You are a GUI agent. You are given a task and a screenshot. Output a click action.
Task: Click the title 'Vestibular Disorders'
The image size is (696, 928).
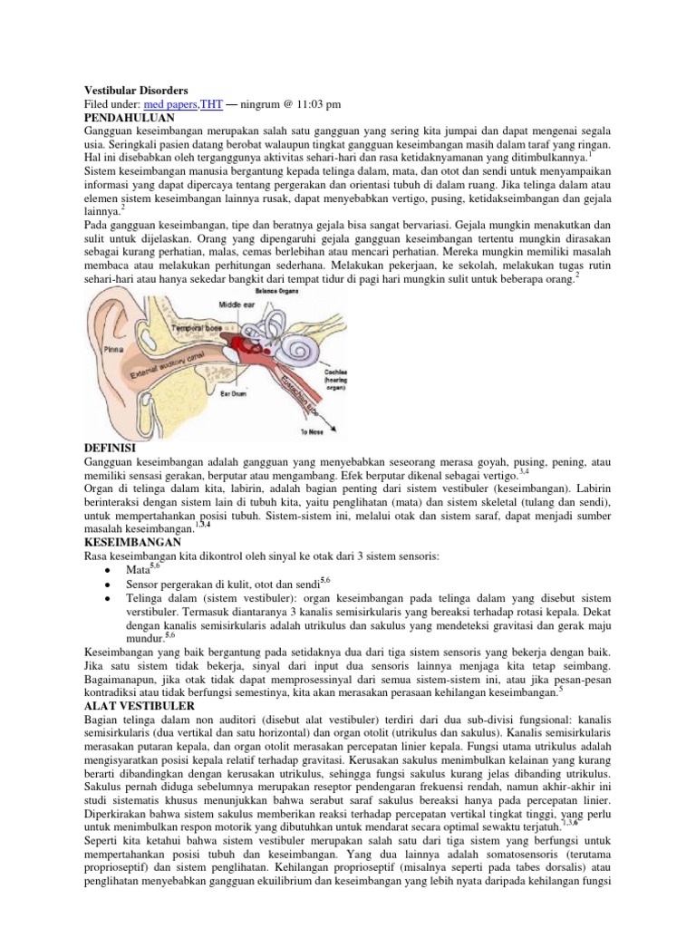pos(136,92)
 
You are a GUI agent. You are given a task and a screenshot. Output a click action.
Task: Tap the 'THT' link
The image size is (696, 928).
pos(210,105)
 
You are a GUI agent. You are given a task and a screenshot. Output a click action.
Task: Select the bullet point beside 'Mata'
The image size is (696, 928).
pos(107,570)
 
